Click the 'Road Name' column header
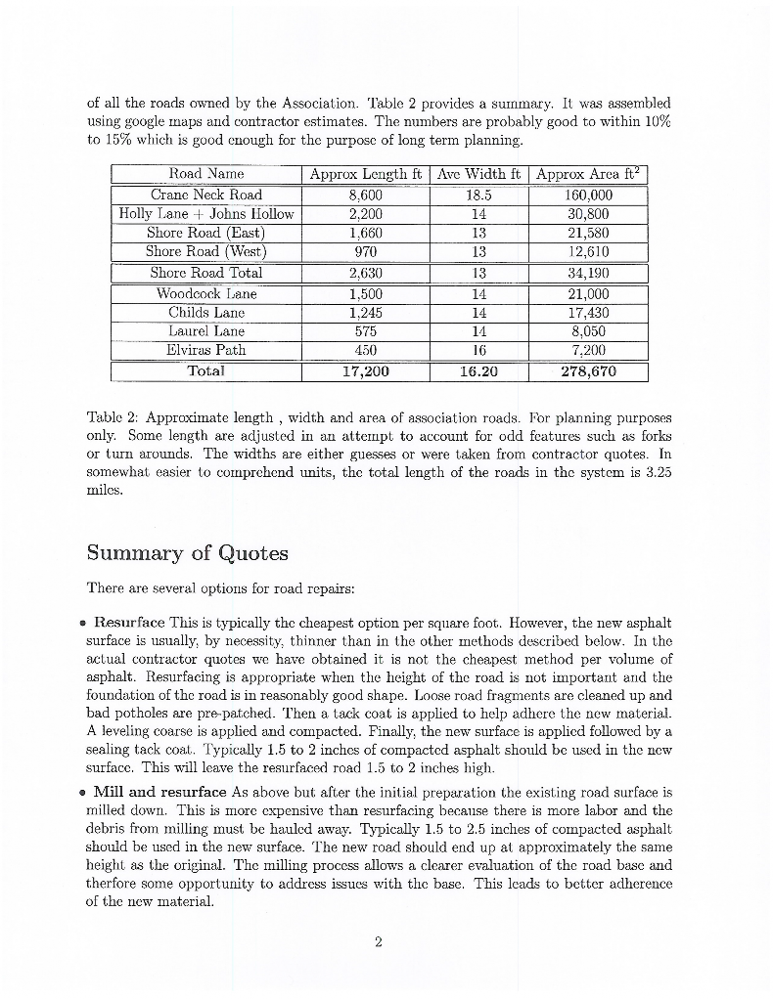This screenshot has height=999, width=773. pos(205,174)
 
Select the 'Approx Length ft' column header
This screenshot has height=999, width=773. pos(365,174)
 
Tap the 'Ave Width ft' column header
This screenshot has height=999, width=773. pos(477,174)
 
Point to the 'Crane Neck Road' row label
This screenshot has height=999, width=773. pos(205,195)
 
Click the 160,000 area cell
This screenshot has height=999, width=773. pos(588,195)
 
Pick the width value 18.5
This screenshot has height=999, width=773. pos(477,195)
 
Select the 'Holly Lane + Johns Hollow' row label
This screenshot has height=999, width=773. pos(205,214)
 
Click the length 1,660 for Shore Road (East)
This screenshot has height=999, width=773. pos(365,233)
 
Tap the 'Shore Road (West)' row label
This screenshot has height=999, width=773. pos(205,251)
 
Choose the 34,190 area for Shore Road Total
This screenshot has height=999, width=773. pos(588,273)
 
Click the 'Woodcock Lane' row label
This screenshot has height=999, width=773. pos(205,293)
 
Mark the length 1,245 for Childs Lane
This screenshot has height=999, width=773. pos(365,312)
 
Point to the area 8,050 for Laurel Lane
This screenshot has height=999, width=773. pos(588,331)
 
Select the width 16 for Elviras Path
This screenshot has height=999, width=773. pos(477,350)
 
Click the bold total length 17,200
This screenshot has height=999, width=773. pos(365,371)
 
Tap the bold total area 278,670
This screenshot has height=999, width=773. pos(588,371)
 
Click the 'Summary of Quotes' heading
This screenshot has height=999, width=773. pos(187,553)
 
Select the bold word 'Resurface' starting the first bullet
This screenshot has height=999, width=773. pos(129,622)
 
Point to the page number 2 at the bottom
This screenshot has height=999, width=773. pos(378,942)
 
